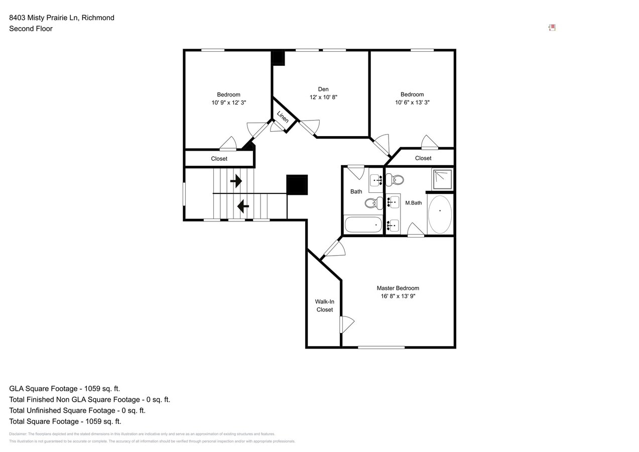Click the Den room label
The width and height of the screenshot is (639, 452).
(x=323, y=89)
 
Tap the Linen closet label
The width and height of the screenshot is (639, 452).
(x=283, y=117)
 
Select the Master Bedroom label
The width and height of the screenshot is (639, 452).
(x=398, y=288)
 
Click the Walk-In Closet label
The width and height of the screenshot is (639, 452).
(x=324, y=306)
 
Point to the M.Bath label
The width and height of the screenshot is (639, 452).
(x=413, y=203)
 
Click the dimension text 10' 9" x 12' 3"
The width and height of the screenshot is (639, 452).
(x=228, y=102)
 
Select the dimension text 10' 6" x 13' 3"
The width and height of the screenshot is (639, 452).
(x=412, y=102)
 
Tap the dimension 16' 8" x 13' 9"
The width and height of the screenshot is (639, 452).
(x=398, y=296)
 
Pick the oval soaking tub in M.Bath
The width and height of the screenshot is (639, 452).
(x=440, y=214)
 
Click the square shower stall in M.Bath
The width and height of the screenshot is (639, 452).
(x=442, y=179)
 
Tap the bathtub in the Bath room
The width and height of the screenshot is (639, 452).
(x=363, y=225)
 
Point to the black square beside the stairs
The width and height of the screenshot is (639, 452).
(x=297, y=185)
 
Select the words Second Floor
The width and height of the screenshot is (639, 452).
(x=31, y=29)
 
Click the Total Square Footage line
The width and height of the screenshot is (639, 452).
(x=65, y=421)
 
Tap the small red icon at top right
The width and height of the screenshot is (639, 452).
(x=552, y=28)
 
